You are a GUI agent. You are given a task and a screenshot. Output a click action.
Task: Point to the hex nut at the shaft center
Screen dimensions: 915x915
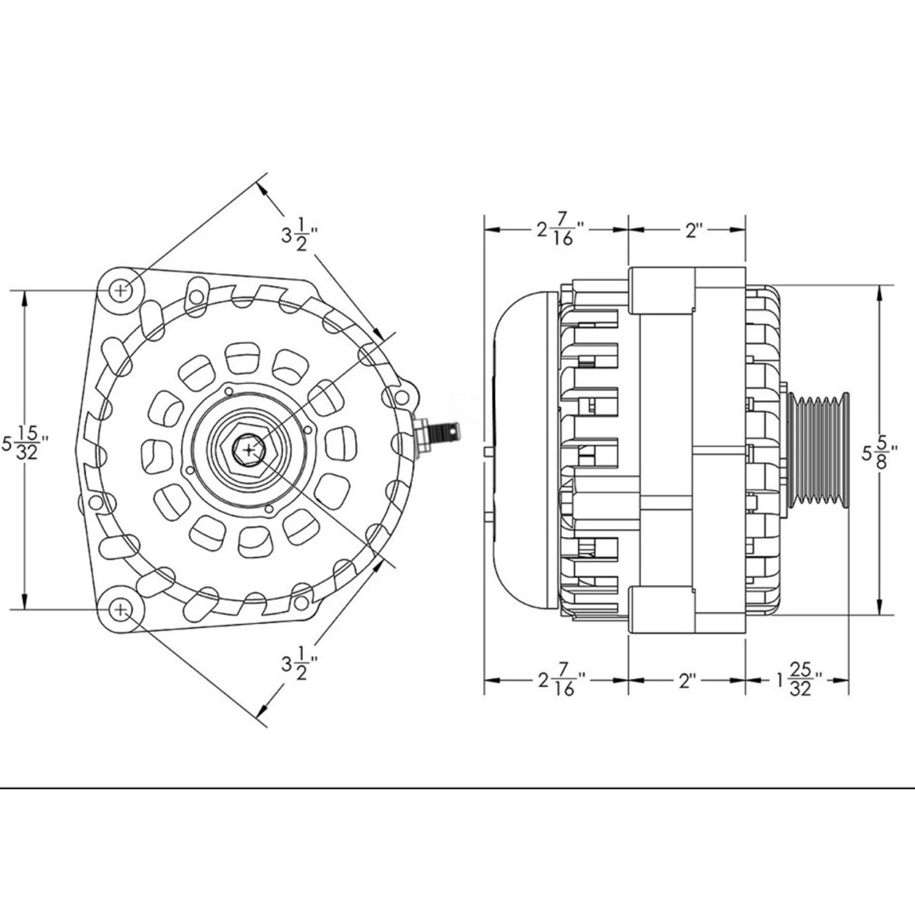(x=250, y=450)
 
